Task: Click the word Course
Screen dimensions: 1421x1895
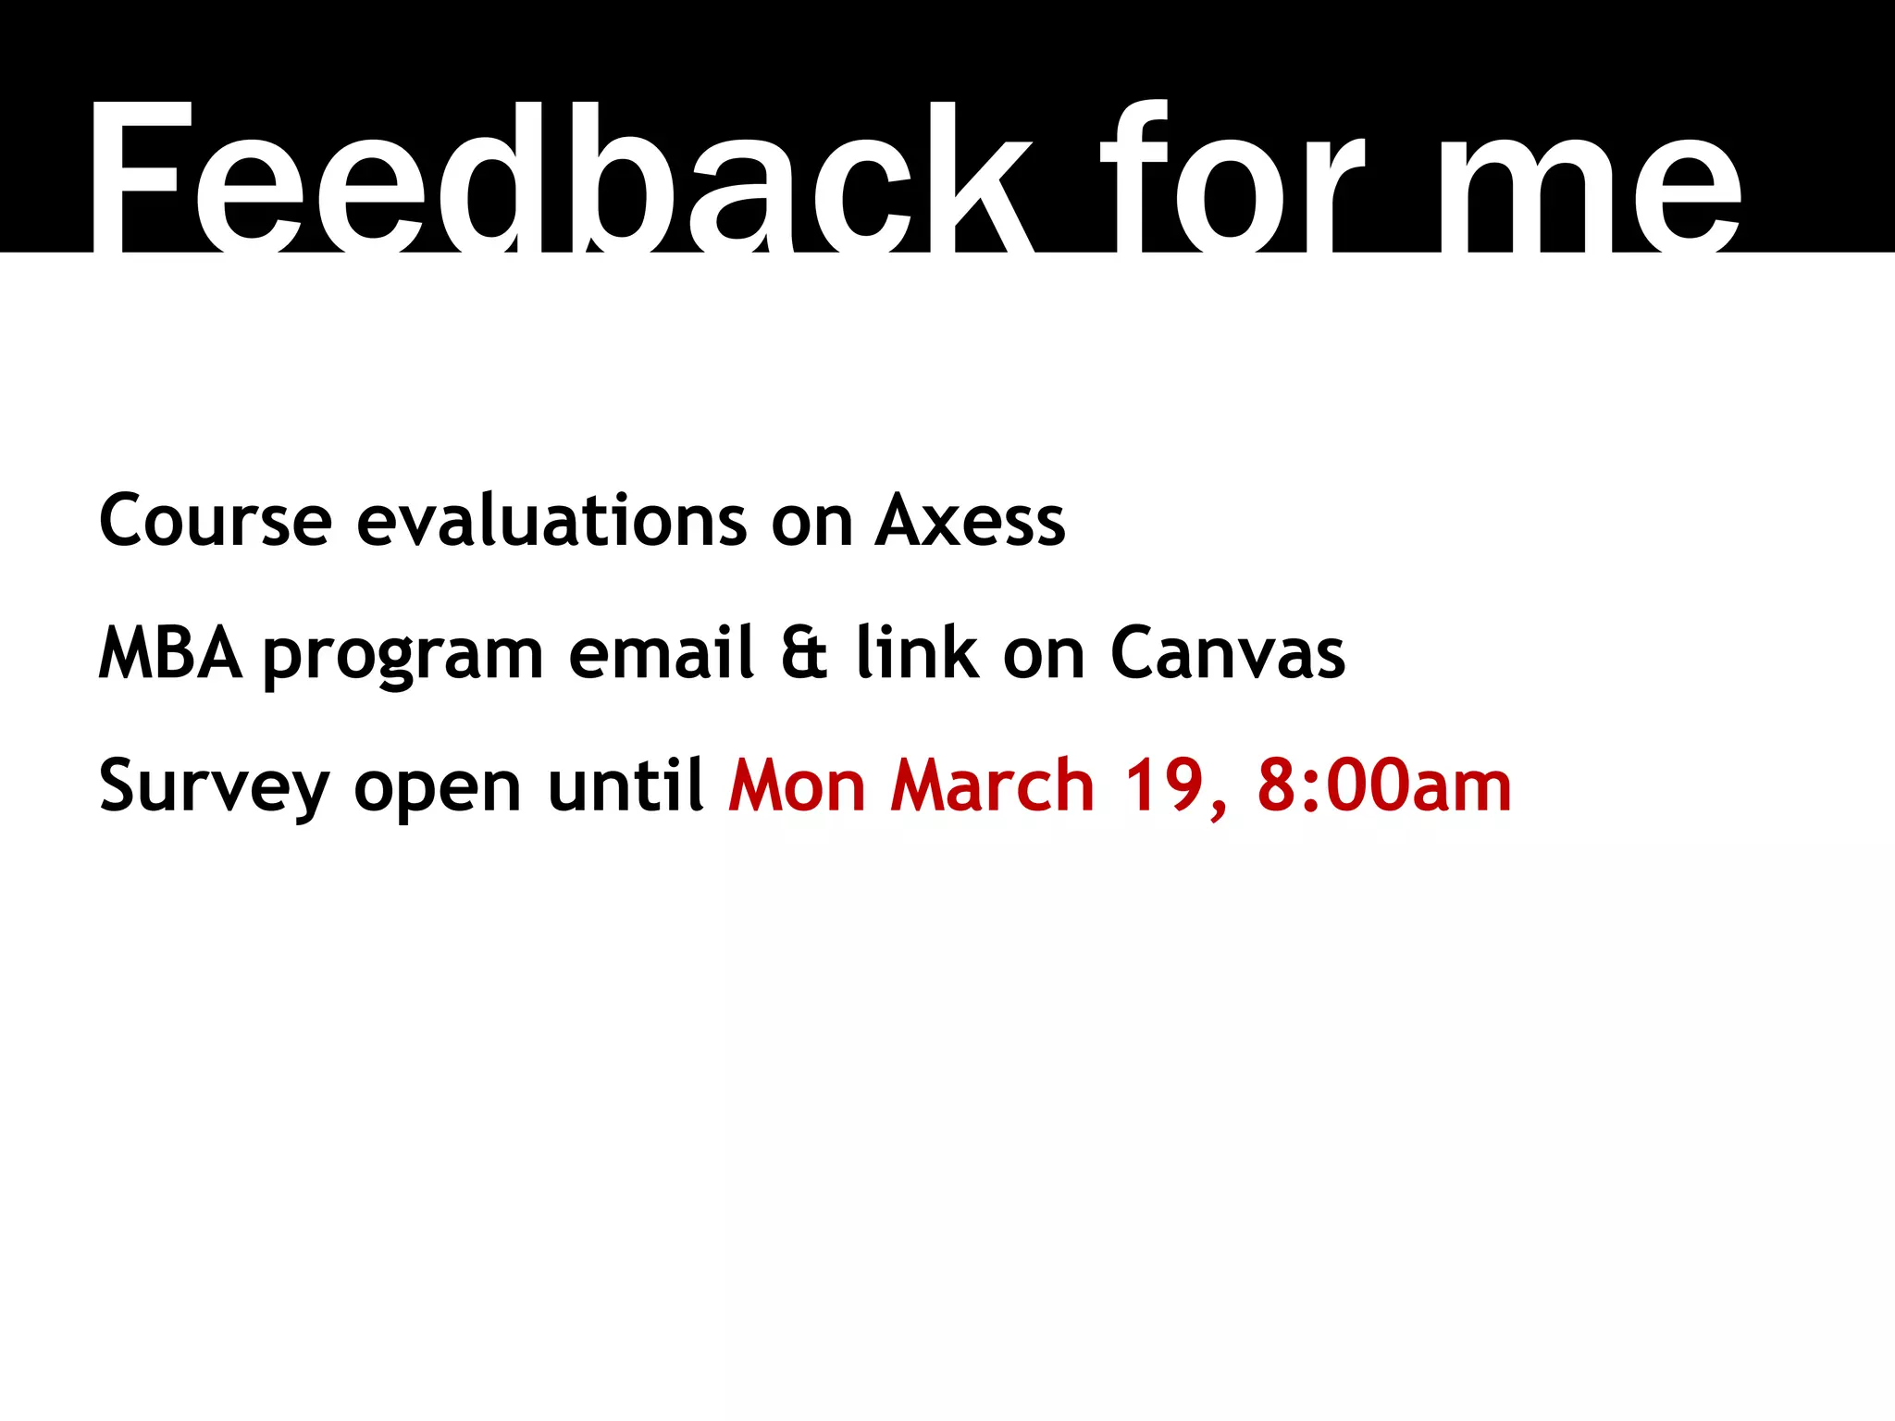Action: click(215, 521)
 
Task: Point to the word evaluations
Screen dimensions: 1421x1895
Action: click(551, 521)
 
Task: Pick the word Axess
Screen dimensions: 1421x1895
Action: click(971, 521)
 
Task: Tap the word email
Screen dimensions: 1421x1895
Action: click(663, 653)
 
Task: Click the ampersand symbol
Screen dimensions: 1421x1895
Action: click(804, 654)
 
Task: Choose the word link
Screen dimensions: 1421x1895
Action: click(917, 653)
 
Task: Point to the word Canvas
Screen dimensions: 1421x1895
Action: click(1228, 654)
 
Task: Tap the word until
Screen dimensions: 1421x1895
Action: click(626, 785)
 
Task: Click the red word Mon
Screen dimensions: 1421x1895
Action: click(797, 786)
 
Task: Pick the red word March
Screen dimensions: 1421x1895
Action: click(992, 786)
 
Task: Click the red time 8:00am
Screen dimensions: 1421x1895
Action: click(1384, 786)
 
